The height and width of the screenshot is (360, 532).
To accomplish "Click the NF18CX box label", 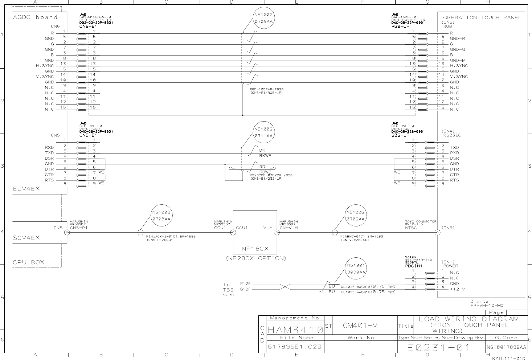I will click(x=255, y=249).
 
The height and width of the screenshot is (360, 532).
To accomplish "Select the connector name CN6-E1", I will click(x=88, y=26).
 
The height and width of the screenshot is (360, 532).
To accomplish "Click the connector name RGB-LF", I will click(x=400, y=26).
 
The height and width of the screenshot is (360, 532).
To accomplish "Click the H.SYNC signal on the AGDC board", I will click(x=45, y=66).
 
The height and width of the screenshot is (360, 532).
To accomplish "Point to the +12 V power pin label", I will click(x=457, y=289).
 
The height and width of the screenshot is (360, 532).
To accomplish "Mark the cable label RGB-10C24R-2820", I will click(x=266, y=89).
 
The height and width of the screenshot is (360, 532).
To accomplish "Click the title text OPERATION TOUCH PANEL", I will click(x=482, y=17).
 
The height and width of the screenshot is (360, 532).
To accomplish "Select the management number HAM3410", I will click(x=295, y=330).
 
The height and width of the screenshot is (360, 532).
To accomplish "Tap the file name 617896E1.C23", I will click(x=294, y=347).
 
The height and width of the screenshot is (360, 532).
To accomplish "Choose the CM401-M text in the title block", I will click(x=360, y=326).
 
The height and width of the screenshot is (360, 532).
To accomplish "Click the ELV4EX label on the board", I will click(x=26, y=189).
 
